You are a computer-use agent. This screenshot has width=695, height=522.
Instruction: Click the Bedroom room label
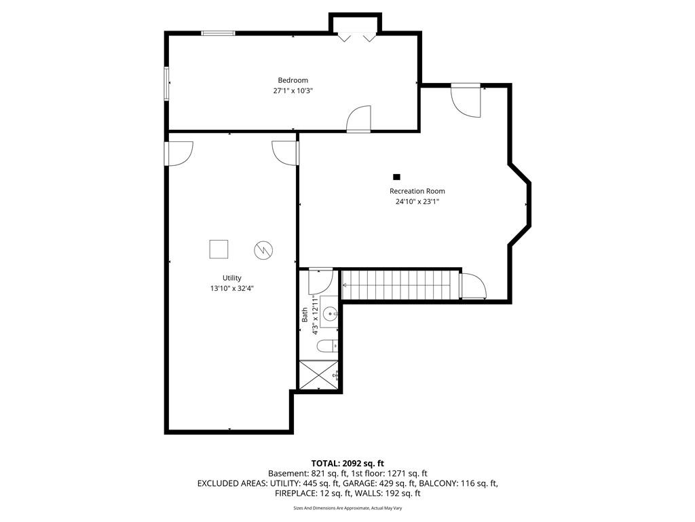pyautogui.click(x=293, y=80)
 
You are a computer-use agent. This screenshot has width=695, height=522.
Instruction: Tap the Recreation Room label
pyautogui.click(x=417, y=191)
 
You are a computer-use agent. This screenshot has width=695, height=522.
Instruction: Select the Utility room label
pyautogui.click(x=232, y=278)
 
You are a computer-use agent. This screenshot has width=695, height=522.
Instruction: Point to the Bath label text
pyautogui.click(x=305, y=315)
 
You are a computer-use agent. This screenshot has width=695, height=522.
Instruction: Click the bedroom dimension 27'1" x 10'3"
pyautogui.click(x=293, y=91)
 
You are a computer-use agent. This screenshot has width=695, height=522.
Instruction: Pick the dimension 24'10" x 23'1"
pyautogui.click(x=417, y=201)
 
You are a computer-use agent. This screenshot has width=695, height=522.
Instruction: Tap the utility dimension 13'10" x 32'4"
pyautogui.click(x=232, y=288)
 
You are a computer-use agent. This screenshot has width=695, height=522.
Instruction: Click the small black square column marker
pyautogui.click(x=396, y=177)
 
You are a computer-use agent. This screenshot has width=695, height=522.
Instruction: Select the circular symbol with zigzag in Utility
pyautogui.click(x=263, y=250)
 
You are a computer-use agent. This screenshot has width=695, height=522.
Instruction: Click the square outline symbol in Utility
pyautogui.click(x=219, y=249)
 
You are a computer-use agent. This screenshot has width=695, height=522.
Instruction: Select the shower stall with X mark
pyautogui.click(x=319, y=375)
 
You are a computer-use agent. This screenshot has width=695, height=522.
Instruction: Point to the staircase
pyautogui.click(x=401, y=285)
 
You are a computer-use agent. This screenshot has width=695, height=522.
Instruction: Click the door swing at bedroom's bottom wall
pyautogui.click(x=358, y=118)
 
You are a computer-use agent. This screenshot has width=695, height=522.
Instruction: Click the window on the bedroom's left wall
pyautogui.click(x=167, y=84)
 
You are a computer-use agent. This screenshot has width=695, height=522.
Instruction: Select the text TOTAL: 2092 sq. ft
pyautogui.click(x=347, y=464)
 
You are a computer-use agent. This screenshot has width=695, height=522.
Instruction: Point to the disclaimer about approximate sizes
pyautogui.click(x=347, y=508)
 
